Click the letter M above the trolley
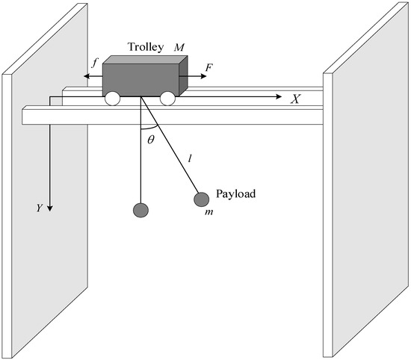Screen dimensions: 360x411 [x=180, y=47]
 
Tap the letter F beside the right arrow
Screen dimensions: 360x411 [x=208, y=68]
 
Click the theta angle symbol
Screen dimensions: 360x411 [x=150, y=140]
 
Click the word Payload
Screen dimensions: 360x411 [x=236, y=193]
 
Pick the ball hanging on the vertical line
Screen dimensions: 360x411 [x=140, y=210]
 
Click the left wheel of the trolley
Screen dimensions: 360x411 [x=114, y=97]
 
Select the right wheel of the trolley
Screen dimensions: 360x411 [x=167, y=97]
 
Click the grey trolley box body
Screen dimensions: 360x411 [x=140, y=75]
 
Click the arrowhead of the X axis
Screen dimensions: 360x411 [x=280, y=98]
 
